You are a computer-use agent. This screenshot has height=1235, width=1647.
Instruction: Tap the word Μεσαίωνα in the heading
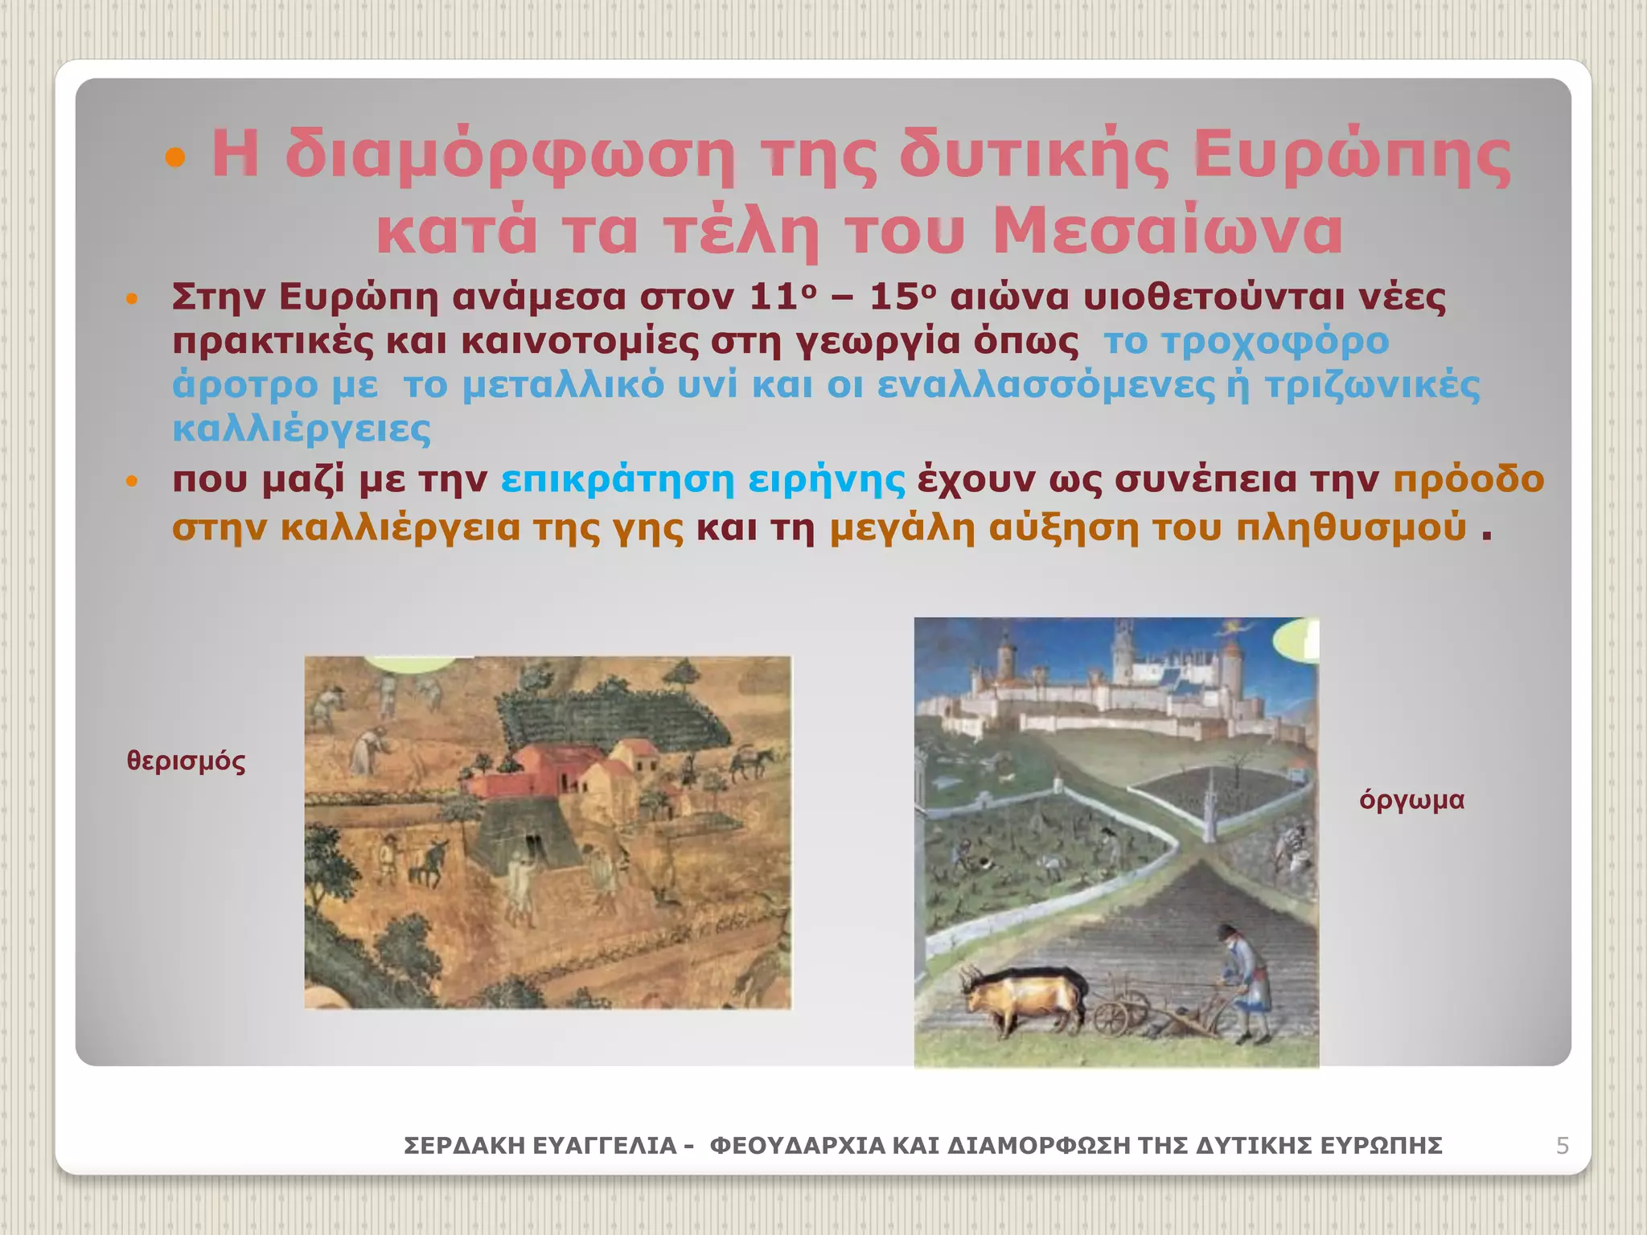click(x=1167, y=231)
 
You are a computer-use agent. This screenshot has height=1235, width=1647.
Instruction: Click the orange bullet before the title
click(x=175, y=157)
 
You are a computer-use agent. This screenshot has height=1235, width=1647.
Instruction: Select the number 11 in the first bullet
click(x=774, y=297)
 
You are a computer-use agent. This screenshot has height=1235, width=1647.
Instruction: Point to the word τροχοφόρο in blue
click(x=1275, y=342)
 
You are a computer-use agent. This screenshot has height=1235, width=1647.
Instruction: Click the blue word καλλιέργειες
click(x=302, y=429)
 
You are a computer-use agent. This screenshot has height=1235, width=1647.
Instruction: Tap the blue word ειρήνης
click(x=826, y=480)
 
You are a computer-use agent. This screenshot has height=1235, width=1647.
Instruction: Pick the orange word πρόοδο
click(x=1468, y=480)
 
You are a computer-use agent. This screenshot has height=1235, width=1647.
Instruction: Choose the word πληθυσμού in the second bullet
click(x=1351, y=529)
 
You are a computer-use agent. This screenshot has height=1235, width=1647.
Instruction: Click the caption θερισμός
click(x=186, y=761)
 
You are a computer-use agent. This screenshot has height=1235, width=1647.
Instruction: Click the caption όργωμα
click(x=1411, y=800)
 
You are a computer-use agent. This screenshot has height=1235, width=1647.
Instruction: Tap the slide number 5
click(x=1562, y=1145)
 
